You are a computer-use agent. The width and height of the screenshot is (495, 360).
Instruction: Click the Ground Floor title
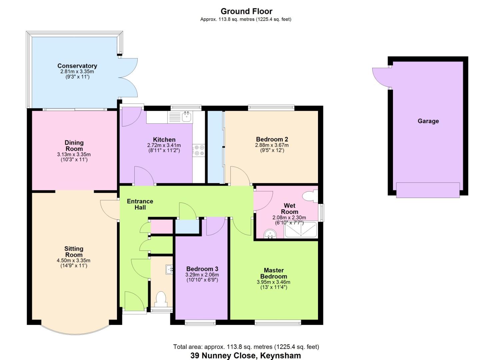(x=246, y=11)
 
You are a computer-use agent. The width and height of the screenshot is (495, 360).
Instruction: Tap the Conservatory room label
(x=77, y=66)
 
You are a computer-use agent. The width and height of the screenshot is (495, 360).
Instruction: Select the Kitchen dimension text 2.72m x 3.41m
(x=164, y=145)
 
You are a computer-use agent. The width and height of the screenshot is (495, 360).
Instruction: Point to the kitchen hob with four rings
(x=199, y=150)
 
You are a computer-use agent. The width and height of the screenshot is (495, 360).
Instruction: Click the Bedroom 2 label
(x=272, y=139)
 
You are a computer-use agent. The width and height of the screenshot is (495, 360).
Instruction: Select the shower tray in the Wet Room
(x=301, y=230)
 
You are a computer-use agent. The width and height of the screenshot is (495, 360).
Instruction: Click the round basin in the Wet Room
(x=270, y=234)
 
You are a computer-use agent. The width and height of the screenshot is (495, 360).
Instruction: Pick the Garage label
(x=428, y=121)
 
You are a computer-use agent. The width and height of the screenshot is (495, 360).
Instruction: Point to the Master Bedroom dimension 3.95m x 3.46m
(x=273, y=282)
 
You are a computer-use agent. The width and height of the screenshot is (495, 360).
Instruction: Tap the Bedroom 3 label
(x=202, y=269)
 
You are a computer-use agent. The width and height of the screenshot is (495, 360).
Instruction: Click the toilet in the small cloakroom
(x=161, y=299)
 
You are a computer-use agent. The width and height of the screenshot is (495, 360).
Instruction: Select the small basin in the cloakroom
(x=169, y=270)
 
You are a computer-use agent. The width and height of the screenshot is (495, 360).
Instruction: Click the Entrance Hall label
(x=140, y=204)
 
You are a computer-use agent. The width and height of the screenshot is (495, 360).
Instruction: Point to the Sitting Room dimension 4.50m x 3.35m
(x=73, y=261)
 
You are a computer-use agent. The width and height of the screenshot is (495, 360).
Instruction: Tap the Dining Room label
(x=74, y=146)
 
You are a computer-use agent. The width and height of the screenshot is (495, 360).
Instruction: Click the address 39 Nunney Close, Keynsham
(x=246, y=356)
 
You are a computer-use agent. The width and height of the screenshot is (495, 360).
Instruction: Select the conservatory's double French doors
(x=128, y=78)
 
